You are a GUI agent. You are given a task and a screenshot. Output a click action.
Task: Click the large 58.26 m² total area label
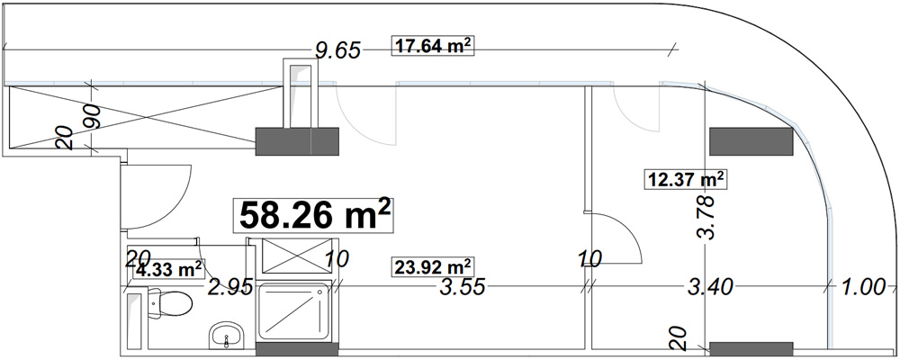(x=313, y=215)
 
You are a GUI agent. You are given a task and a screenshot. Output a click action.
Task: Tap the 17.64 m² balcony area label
(x=434, y=46)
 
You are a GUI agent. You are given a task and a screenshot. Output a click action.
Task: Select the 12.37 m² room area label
(x=684, y=179)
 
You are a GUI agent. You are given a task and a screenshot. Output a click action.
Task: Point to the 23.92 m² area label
(x=434, y=267)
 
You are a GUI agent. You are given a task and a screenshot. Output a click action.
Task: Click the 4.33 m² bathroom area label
(x=168, y=268)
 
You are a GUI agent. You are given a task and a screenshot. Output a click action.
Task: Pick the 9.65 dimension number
(x=338, y=50)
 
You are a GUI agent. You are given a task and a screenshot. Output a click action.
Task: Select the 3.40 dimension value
(x=710, y=286)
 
